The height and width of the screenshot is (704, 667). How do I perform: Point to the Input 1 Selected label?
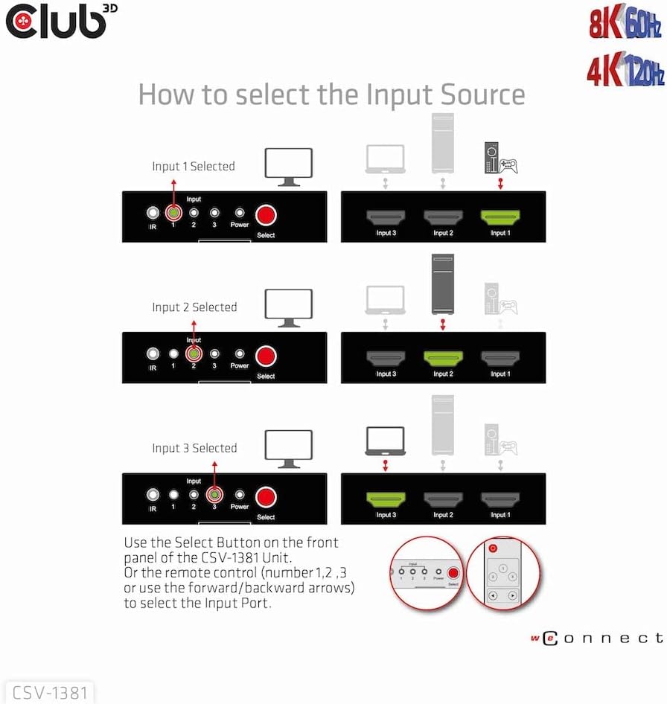click(194, 167)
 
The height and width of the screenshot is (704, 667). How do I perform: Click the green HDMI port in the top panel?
click(500, 217)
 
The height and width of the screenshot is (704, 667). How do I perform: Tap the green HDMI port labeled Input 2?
click(443, 358)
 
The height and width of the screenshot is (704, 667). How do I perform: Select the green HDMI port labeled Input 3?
click(386, 499)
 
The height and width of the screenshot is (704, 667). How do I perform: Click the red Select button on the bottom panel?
click(266, 497)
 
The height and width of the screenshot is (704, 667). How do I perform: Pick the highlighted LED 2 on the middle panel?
click(194, 355)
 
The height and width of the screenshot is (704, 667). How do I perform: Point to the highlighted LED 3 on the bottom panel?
click(214, 496)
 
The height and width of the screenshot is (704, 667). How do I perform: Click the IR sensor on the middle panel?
click(153, 355)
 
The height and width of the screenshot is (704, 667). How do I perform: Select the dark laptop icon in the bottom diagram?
click(385, 441)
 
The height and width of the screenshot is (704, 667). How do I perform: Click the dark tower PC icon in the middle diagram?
click(443, 285)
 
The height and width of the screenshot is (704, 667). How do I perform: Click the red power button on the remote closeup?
click(493, 548)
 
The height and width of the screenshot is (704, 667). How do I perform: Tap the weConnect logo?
click(596, 639)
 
